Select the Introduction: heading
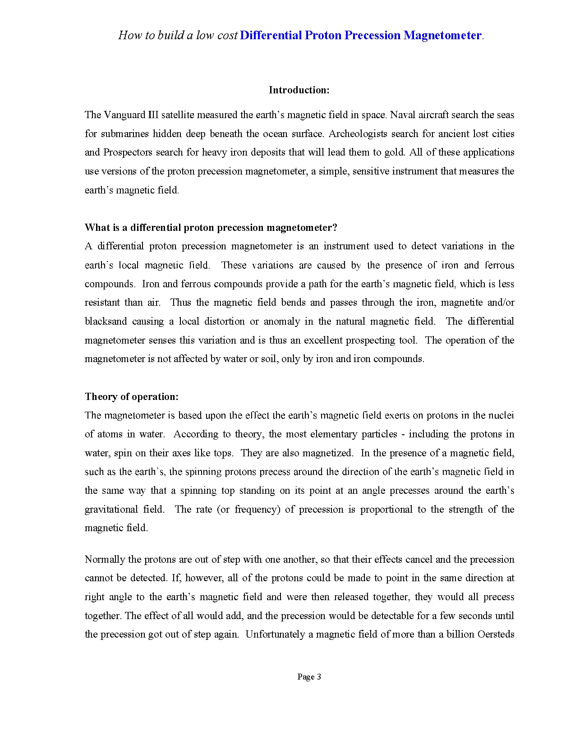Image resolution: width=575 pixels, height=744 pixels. click(x=299, y=90)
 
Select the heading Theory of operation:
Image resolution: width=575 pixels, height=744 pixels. click(x=132, y=397)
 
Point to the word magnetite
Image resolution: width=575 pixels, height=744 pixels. click(x=462, y=303)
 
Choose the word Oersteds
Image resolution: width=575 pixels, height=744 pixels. click(x=496, y=634)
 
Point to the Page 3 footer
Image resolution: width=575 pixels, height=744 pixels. click(x=309, y=677)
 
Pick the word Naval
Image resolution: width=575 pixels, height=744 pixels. click(x=402, y=115)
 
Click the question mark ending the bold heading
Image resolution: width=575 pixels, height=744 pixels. click(x=335, y=228)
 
